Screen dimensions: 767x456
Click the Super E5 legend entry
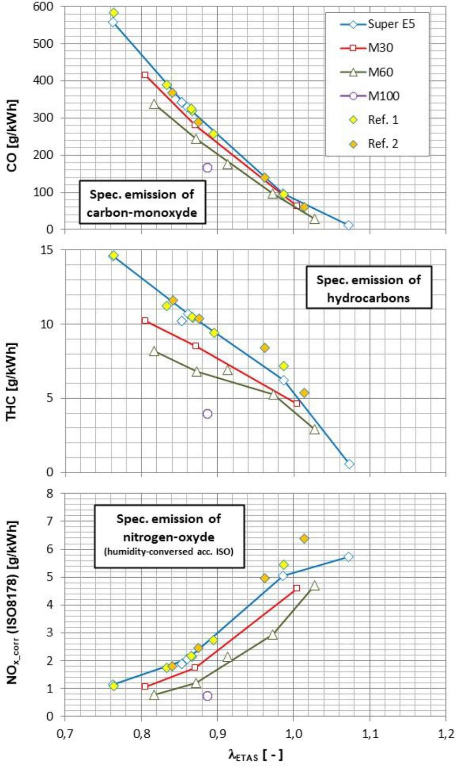coord(378,24)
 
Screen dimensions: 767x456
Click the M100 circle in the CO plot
coord(207,168)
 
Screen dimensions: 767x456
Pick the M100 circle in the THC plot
coord(207,414)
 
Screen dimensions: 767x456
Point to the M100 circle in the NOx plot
coord(207,696)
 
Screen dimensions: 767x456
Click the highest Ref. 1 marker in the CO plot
coord(114,13)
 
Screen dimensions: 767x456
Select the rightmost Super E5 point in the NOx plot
coord(348,557)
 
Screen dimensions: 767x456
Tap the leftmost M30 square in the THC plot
coord(145,321)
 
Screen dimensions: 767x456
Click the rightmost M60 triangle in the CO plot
coord(314,219)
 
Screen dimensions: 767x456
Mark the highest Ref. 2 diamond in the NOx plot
coord(304,538)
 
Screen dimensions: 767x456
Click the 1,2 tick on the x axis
coord(446,733)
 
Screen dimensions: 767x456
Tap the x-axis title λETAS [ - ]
coord(255,754)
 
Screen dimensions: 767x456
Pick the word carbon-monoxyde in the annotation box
coord(142,212)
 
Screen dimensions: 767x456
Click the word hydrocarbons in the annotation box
coord(368,298)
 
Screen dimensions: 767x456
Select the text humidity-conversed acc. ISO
coord(169,551)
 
